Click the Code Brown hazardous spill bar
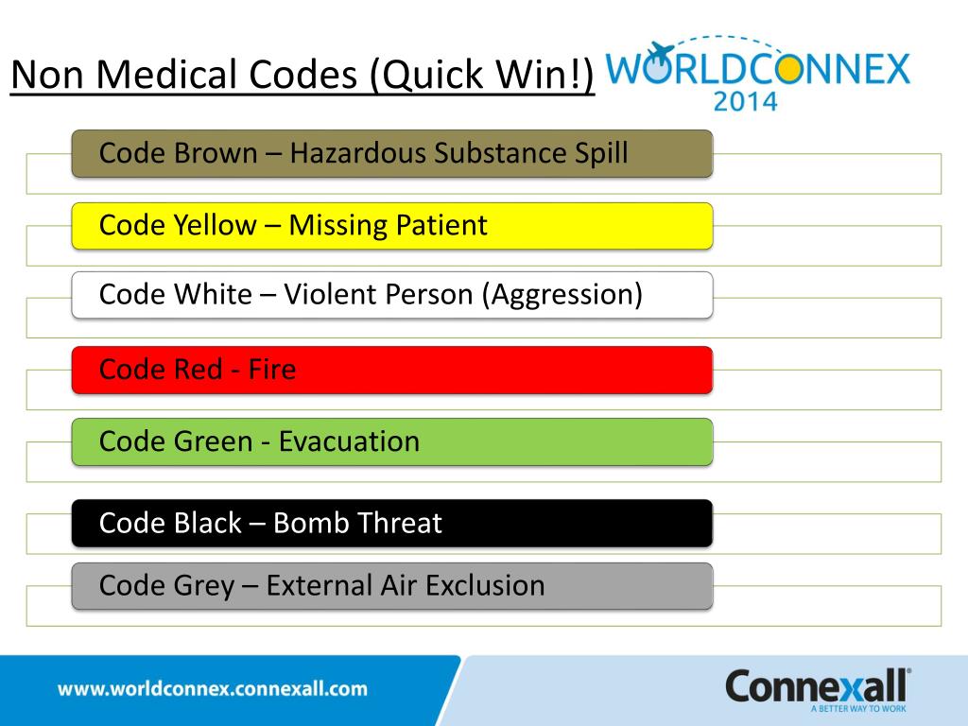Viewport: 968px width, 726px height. click(391, 153)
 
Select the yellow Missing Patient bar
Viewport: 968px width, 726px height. click(391, 226)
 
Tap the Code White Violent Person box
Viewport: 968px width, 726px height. click(391, 295)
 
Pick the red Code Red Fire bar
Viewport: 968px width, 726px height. click(391, 370)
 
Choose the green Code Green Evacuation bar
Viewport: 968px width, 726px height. click(391, 441)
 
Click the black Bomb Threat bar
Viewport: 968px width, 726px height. click(391, 523)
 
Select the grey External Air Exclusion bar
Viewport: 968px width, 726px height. click(391, 586)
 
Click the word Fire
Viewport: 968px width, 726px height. click(272, 370)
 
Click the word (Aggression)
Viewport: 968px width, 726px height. click(562, 296)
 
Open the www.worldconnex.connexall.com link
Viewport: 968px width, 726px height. click(213, 689)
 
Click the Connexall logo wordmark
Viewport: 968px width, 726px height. click(817, 685)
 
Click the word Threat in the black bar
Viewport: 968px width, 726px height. click(398, 523)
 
